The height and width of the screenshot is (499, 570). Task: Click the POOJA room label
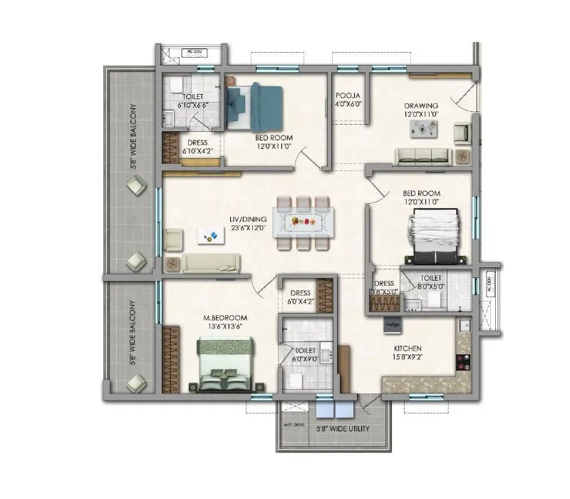(348, 95)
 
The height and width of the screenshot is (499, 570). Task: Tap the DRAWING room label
(421, 106)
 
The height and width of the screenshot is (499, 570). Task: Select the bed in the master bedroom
(224, 364)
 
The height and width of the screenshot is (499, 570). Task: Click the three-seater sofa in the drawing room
(423, 155)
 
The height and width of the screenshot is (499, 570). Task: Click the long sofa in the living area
(207, 262)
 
